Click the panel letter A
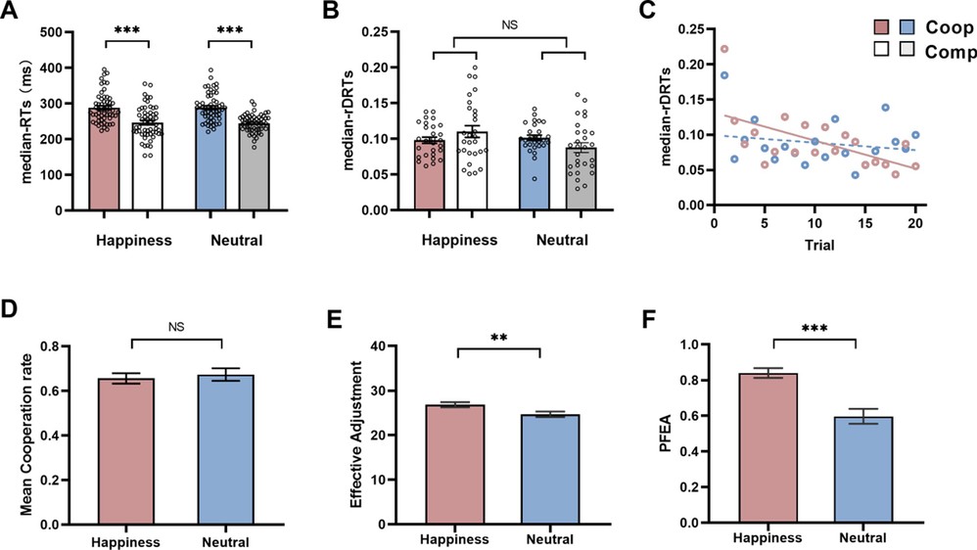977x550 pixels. (13, 13)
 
